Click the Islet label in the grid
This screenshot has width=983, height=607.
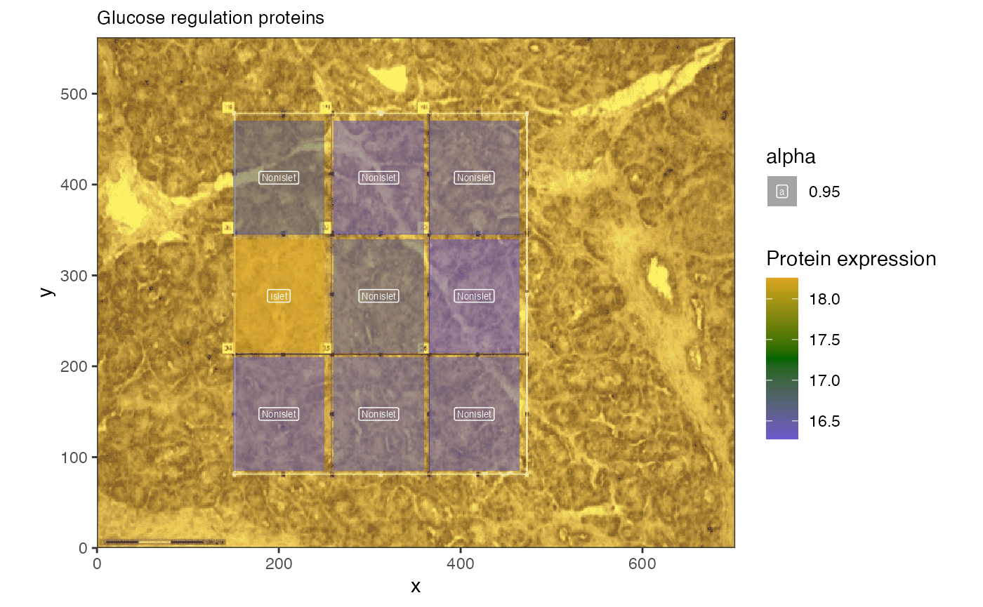click(279, 296)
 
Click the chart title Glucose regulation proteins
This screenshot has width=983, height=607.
click(211, 18)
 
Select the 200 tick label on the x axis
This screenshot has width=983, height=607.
click(279, 563)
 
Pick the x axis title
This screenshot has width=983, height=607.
click(416, 587)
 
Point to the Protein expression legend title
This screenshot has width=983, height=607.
click(851, 259)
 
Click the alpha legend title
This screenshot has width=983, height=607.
click(791, 156)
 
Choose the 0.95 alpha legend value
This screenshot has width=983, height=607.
click(824, 192)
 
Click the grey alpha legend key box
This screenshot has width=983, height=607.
click(782, 192)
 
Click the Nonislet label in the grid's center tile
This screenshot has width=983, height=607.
click(378, 296)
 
